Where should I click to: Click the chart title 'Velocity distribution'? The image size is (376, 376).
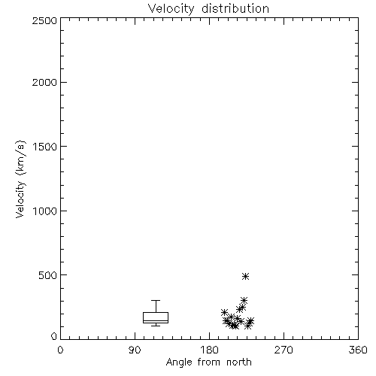tap(208, 9)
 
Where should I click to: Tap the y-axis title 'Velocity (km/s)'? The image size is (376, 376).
tap(20, 179)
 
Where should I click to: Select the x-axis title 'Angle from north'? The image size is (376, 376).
tap(209, 362)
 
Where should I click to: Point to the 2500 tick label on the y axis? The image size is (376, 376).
tap(44, 20)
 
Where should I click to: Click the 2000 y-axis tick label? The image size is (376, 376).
tap(44, 82)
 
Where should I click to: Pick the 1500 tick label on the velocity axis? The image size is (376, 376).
tap(45, 147)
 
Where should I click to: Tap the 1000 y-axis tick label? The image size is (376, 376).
tap(45, 211)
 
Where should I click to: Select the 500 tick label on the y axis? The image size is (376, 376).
tap(48, 275)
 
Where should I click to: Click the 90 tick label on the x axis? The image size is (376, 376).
tap(135, 350)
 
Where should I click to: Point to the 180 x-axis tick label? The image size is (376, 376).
tap(209, 350)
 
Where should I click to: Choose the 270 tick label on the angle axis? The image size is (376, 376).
tap(284, 350)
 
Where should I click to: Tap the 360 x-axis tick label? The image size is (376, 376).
tap(358, 350)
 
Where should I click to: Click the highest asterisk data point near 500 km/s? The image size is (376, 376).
tap(245, 276)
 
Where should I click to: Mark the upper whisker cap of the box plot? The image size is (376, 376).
tap(156, 300)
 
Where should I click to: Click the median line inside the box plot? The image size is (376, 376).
tap(156, 320)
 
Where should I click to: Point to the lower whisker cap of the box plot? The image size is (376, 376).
tap(156, 326)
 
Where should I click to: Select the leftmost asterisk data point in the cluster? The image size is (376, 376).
tap(224, 312)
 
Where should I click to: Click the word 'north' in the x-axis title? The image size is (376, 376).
tap(239, 362)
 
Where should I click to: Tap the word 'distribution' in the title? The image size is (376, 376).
tap(235, 9)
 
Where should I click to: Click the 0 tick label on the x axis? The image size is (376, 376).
tap(60, 350)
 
